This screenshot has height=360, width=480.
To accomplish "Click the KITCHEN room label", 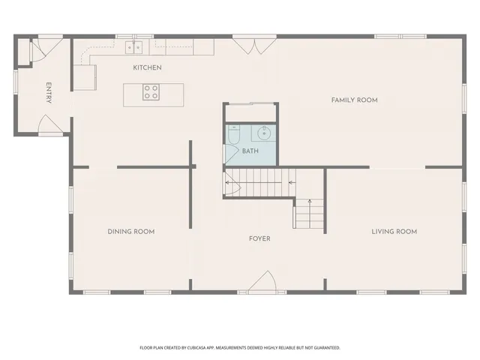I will tap(147, 67).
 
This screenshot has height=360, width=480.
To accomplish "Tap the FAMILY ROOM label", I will tap(354, 100).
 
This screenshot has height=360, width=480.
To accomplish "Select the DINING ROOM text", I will tap(130, 232).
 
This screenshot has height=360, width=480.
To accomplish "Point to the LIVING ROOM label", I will tap(394, 232).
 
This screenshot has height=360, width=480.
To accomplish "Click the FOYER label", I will tap(259, 238).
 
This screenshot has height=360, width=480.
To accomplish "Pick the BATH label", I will tap(250, 151).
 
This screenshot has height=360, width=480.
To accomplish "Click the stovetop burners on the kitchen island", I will tap(151, 93).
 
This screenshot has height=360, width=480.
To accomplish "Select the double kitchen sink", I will tap(134, 48).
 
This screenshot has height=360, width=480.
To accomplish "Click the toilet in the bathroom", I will tap(233, 137).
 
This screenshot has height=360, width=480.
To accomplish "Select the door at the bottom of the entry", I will tap(50, 126).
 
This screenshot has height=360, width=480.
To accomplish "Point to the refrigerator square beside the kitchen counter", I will tap(85, 76).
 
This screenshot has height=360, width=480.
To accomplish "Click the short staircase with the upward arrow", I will tap(308, 213).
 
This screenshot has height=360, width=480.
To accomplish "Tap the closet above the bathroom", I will tap(250, 112).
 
